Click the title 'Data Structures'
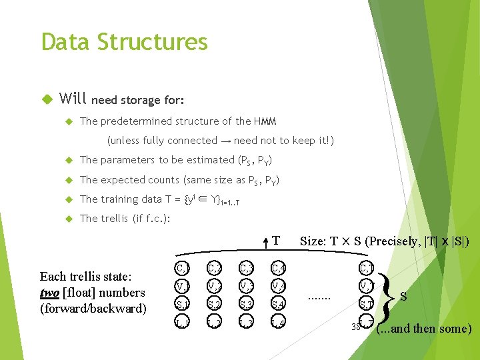(x=124, y=42)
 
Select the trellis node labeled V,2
(x=214, y=287)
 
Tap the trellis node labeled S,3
(x=247, y=305)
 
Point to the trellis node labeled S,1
(x=182, y=305)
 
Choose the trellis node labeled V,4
(x=279, y=287)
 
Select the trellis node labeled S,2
(x=214, y=305)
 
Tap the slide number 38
(x=356, y=327)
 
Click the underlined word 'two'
(x=50, y=293)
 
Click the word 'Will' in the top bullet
(x=73, y=99)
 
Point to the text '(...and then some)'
(x=424, y=329)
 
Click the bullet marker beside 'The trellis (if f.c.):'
(x=69, y=219)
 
